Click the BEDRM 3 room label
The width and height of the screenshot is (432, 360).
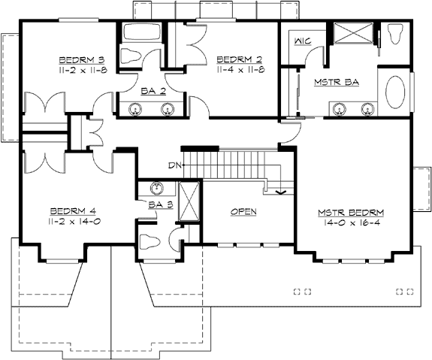pyautogui.click(x=82, y=60)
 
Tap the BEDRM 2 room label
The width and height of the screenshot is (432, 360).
pyautogui.click(x=240, y=59)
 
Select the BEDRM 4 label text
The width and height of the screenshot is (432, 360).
pyautogui.click(x=73, y=211)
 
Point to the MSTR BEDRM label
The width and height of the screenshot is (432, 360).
pyautogui.click(x=351, y=213)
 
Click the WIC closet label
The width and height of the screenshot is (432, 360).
pyautogui.click(x=303, y=41)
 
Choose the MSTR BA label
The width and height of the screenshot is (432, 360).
pyautogui.click(x=337, y=82)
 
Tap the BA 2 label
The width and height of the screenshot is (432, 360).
pyautogui.click(x=153, y=91)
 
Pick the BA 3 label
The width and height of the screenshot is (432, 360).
pyautogui.click(x=161, y=204)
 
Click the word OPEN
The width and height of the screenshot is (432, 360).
pyautogui.click(x=243, y=212)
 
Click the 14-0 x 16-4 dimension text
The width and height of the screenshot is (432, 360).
pyautogui.click(x=352, y=222)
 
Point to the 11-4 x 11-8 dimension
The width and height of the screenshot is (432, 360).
pyautogui.click(x=240, y=70)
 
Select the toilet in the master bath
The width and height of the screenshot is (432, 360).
pyautogui.click(x=394, y=34)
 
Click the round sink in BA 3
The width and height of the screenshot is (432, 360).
pyautogui.click(x=157, y=188)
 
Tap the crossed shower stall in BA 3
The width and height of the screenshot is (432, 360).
pyautogui.click(x=189, y=201)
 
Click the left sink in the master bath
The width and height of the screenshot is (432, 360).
pyautogui.click(x=339, y=109)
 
